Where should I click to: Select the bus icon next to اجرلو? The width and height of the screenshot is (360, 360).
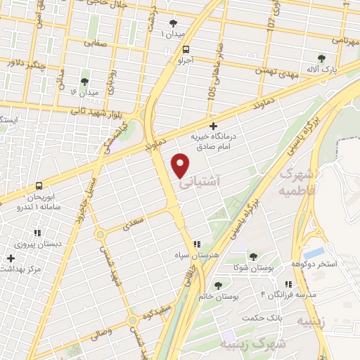tap(186, 50)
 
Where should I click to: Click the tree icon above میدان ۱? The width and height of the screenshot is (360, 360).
tap(173, 22)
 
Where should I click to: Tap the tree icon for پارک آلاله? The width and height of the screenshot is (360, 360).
tap(321, 58)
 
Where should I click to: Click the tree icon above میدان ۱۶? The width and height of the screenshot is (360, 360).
tap(84, 82)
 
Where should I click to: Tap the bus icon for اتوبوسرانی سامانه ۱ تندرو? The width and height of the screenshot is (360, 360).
tap(39, 186)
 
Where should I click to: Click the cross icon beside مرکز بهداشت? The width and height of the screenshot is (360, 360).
tap(11, 258)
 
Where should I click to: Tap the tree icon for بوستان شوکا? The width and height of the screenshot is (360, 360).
tap(253, 257)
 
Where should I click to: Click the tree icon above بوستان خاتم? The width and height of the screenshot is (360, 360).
tap(217, 285)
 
